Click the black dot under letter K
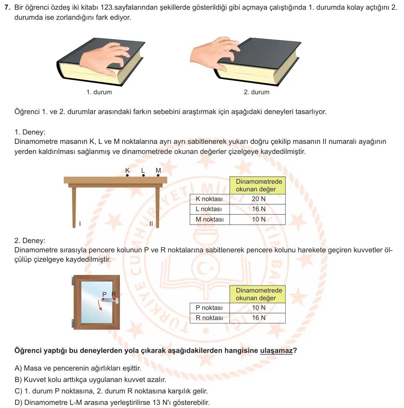coord(127,175)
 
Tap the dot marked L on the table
coord(144,175)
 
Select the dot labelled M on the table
coord(158,175)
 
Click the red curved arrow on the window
coord(99,305)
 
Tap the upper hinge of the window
coord(72,281)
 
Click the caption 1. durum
coord(99,92)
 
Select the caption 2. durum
coord(257,92)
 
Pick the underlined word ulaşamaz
coord(276,350)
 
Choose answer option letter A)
coord(18,368)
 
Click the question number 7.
coord(7,7)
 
